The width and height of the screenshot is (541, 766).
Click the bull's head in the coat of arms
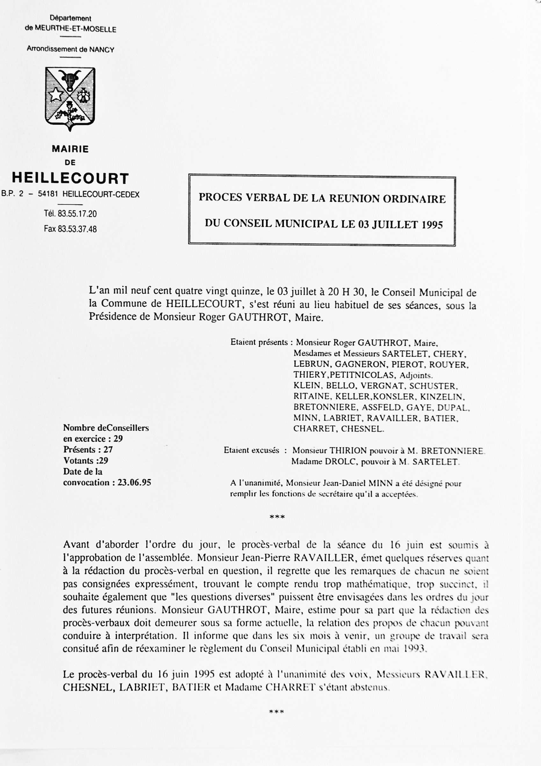tap(70, 79)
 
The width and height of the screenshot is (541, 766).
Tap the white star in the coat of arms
tap(56, 95)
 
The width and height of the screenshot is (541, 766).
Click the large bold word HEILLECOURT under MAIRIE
tap(70, 179)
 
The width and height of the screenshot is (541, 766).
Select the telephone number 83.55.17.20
tap(77, 214)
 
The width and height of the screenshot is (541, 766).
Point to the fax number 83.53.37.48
tap(77, 229)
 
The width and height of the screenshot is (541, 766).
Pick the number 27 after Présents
tap(108, 449)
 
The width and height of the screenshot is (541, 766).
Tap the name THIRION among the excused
tap(348, 451)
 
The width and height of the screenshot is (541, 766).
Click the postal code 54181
tap(48, 194)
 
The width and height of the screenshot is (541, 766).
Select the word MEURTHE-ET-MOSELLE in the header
tap(76, 29)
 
